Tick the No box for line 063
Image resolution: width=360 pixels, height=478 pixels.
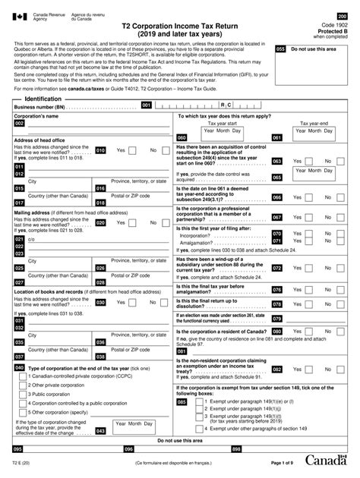339,161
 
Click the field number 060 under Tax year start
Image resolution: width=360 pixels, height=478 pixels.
182,137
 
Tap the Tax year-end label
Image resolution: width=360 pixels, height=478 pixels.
314,122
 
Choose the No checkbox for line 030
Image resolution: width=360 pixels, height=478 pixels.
163,302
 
